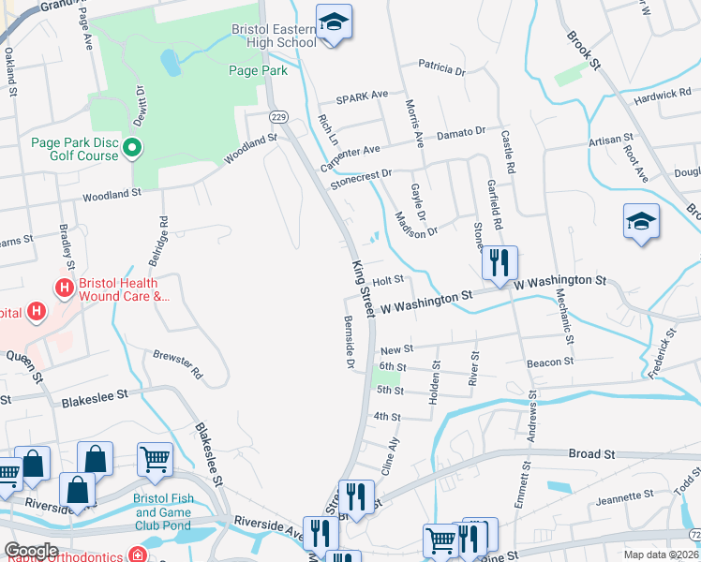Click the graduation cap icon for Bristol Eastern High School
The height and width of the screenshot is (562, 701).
[x=332, y=22]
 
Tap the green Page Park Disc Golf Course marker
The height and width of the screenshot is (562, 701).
[x=132, y=148]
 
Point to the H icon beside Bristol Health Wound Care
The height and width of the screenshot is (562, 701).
[x=65, y=288]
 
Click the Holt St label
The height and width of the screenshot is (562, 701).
[x=387, y=280]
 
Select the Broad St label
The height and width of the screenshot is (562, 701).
[x=591, y=453]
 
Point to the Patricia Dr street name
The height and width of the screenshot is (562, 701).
[x=441, y=68]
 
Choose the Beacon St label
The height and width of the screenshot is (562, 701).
[x=550, y=362]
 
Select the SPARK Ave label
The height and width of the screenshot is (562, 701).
[x=362, y=96]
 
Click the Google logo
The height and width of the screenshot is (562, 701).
[x=31, y=551]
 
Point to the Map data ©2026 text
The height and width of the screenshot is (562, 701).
[x=662, y=555]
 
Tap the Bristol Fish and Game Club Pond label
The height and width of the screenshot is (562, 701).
[x=165, y=511]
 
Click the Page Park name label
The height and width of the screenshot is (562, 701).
[x=256, y=70]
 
